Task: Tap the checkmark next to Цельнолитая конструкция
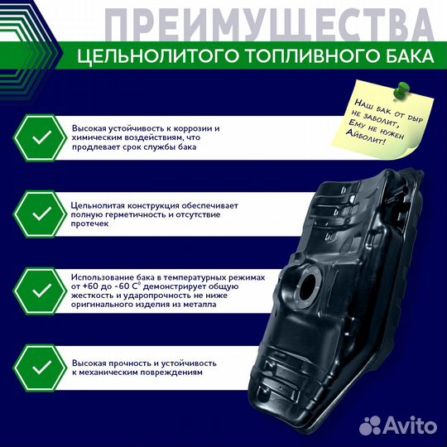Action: pos(39,214)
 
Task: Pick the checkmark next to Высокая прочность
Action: pos(39,367)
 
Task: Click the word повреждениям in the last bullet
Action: pos(175,373)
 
